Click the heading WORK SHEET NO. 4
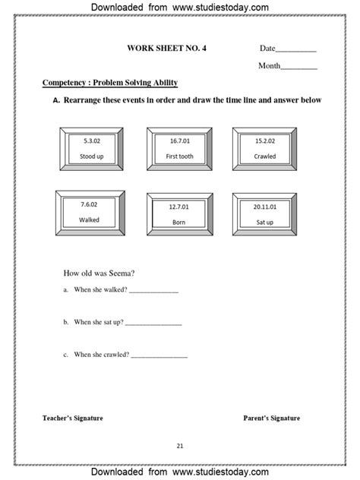[166, 48]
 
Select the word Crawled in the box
[265, 156]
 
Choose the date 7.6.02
[90, 205]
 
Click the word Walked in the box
[90, 219]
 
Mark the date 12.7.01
[178, 207]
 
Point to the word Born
[178, 222]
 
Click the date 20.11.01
[266, 207]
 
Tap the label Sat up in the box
[266, 222]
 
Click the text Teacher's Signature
[73, 418]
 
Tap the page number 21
[180, 446]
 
